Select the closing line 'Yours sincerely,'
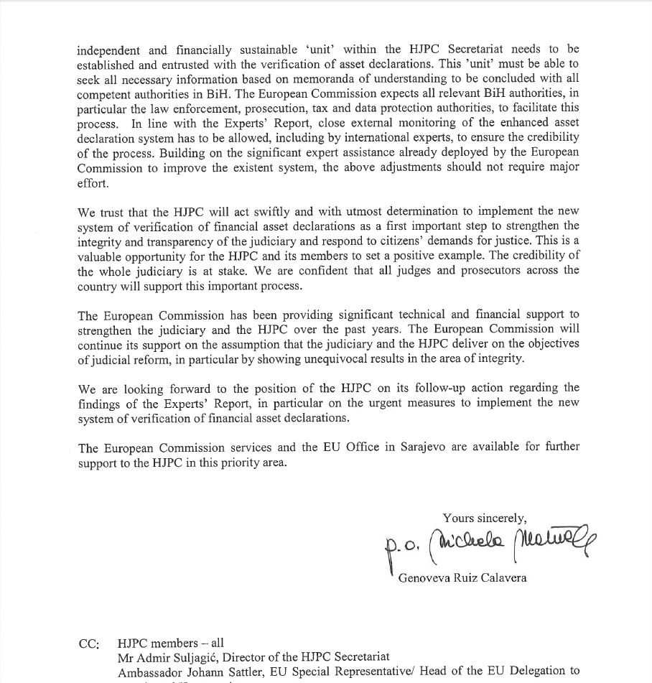[485, 517]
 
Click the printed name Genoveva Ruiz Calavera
[462, 577]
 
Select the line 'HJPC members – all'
[171, 643]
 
